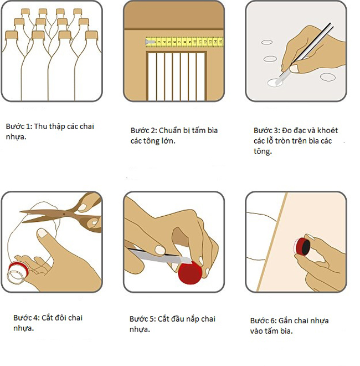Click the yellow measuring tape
pyautogui.click(x=184, y=42)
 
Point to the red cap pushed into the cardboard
pyautogui.click(x=302, y=247)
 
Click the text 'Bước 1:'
pyautogui.click(x=19, y=126)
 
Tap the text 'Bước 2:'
pyautogui.click(x=143, y=130)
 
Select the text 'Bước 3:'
pyautogui.click(x=267, y=130)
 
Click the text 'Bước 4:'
pyautogui.click(x=27, y=318)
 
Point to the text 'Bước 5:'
pyautogui.click(x=143, y=319)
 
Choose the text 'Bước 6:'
pyautogui.click(x=264, y=321)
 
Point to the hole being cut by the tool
pyautogui.click(x=275, y=83)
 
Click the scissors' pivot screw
pyautogui.click(x=64, y=213)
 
